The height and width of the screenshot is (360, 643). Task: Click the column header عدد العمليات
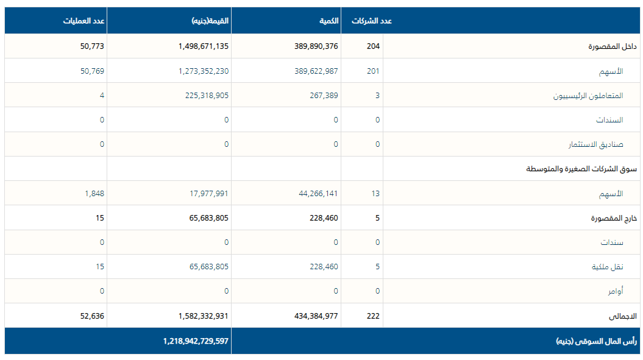(84, 21)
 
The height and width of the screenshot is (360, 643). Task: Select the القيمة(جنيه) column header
(210, 21)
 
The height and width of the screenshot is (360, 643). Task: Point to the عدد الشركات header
(372, 21)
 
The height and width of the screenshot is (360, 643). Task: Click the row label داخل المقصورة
(613, 46)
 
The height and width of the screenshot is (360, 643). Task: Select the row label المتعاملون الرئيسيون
(588, 96)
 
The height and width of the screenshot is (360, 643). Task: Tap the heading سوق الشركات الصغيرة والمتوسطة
(581, 169)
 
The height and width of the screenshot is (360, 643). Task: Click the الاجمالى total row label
(623, 316)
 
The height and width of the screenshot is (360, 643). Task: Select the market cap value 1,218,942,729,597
(196, 341)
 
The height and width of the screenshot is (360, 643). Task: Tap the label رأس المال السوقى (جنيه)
(596, 341)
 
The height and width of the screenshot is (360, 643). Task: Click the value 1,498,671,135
(204, 46)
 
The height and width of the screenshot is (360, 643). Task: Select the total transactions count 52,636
(91, 316)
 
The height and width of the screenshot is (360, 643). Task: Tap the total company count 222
(373, 316)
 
